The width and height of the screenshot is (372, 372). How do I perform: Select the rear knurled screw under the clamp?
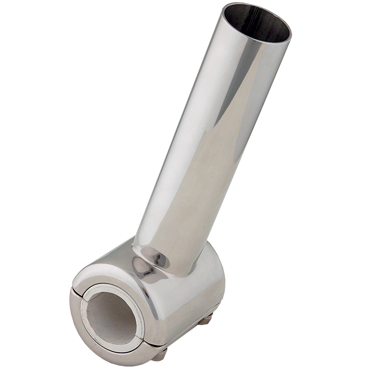coord(206,319)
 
